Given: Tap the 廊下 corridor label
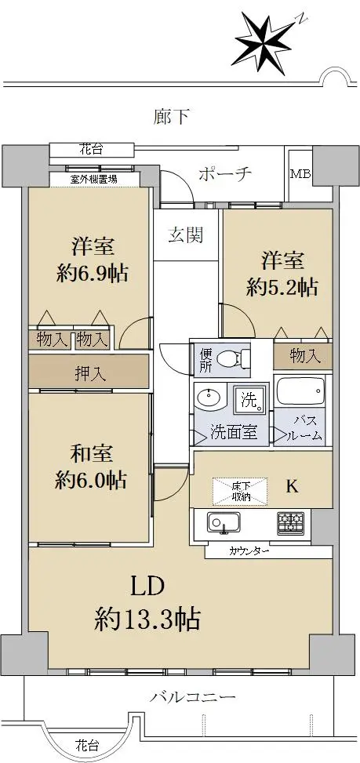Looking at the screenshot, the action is [x=171, y=117].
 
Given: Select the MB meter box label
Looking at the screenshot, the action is [x=300, y=174].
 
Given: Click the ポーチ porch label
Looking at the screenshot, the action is [x=225, y=173].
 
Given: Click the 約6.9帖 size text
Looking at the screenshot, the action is [x=92, y=274].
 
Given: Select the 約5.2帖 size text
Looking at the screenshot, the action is [x=282, y=287].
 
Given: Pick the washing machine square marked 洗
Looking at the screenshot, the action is [x=250, y=399].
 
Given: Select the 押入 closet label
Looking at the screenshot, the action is [x=88, y=374].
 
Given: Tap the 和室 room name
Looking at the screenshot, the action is [x=92, y=453].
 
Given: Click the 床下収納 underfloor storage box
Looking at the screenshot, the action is [x=240, y=492].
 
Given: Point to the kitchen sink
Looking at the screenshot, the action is [x=224, y=522].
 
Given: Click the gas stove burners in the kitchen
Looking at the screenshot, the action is [x=291, y=522].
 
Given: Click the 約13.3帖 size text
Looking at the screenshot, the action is [x=147, y=619].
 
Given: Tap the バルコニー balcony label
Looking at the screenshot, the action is [x=193, y=697].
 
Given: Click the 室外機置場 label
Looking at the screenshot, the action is [x=94, y=180].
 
